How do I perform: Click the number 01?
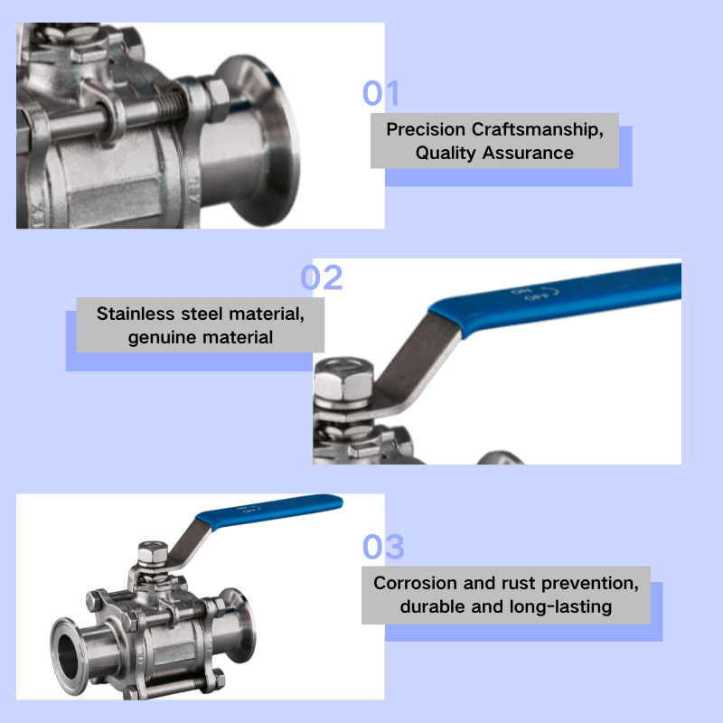pos(380,94)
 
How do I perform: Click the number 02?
pos(322,277)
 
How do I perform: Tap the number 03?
pos(383,547)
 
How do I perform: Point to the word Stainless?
pos(134,315)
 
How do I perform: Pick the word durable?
pos(433,606)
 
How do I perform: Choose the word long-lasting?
pos(559,606)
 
